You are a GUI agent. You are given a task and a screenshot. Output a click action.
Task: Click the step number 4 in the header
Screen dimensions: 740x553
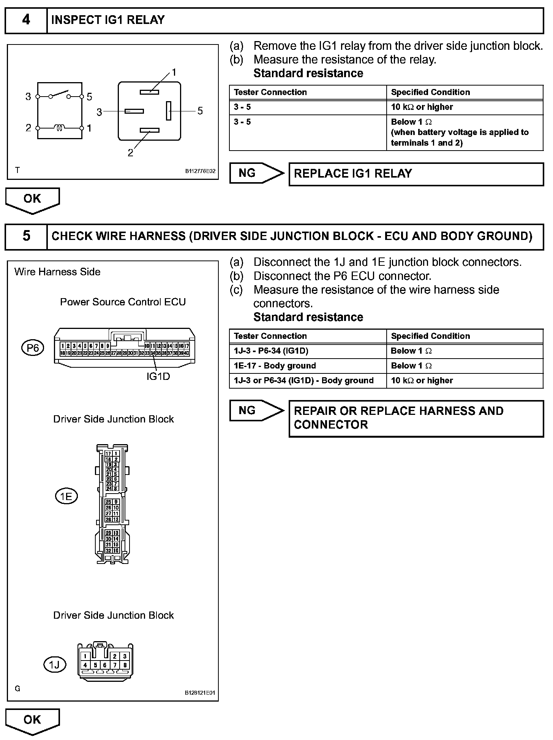point(26,20)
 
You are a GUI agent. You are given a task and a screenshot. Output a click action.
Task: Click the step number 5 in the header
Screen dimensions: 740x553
point(26,236)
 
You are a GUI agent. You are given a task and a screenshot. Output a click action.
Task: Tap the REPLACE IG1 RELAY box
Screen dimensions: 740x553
point(416,174)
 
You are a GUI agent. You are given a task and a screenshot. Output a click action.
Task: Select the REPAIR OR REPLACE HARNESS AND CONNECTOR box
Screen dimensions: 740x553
point(416,418)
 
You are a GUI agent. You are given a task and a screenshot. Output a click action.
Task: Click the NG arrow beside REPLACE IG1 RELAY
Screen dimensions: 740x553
point(256,173)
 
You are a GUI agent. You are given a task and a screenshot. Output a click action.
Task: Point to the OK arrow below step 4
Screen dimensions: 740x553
point(33,200)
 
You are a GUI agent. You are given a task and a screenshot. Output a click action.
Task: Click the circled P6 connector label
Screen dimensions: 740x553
point(33,348)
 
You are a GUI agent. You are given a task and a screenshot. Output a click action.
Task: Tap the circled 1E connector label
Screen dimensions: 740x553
point(66,496)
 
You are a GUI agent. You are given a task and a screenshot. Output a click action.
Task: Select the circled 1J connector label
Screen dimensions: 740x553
point(55,665)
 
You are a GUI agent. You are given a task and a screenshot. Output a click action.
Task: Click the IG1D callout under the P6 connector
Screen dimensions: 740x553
point(158,376)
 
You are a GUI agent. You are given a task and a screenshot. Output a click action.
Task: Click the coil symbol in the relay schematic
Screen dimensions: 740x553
point(60,128)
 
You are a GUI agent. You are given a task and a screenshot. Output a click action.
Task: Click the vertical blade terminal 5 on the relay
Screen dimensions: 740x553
point(169,111)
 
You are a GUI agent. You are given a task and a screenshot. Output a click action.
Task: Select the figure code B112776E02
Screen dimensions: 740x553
point(200,171)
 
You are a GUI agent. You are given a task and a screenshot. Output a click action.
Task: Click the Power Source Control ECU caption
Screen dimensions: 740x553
point(123,302)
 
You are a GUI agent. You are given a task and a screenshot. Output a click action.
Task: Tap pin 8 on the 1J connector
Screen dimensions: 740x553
point(125,665)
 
